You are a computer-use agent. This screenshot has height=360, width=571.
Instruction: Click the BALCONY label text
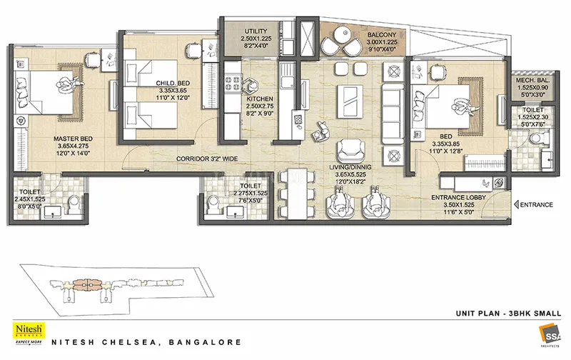pyautogui.click(x=363, y=34)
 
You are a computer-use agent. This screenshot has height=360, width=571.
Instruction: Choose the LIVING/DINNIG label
pyautogui.click(x=348, y=168)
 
